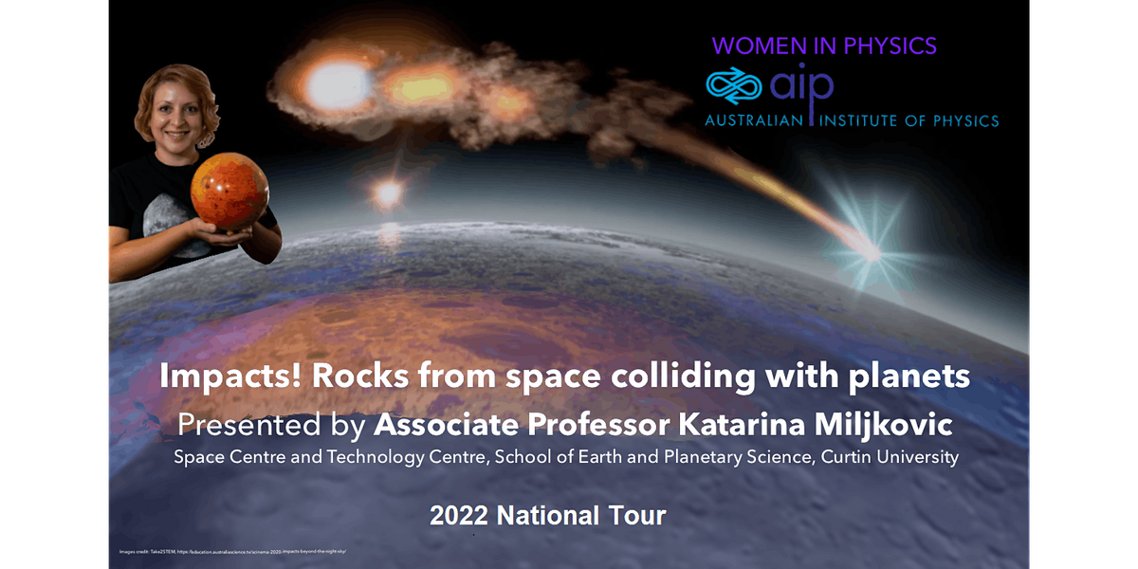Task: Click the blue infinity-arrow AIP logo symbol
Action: click(734, 86)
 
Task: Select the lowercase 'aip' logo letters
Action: click(801, 86)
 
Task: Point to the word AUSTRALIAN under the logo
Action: click(755, 121)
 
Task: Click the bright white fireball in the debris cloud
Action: click(339, 85)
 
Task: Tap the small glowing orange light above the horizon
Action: click(386, 193)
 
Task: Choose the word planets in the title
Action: click(909, 376)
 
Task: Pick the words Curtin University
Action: click(892, 457)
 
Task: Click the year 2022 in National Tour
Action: click(460, 516)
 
